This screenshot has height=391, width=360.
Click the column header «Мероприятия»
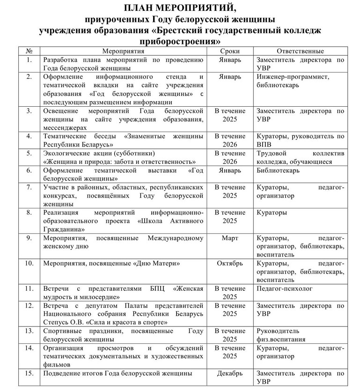tap(122, 51)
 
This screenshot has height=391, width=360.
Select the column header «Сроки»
tap(229, 51)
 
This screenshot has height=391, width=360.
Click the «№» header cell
tap(29, 51)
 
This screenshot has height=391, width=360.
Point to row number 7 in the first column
tap(29, 187)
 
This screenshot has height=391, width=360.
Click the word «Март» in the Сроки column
tap(229, 238)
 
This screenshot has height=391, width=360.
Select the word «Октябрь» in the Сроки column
tap(229, 263)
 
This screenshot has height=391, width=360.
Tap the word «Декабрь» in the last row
tap(229, 374)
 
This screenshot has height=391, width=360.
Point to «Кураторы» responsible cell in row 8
tap(272, 213)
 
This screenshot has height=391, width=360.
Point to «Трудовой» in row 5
tap(272, 154)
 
